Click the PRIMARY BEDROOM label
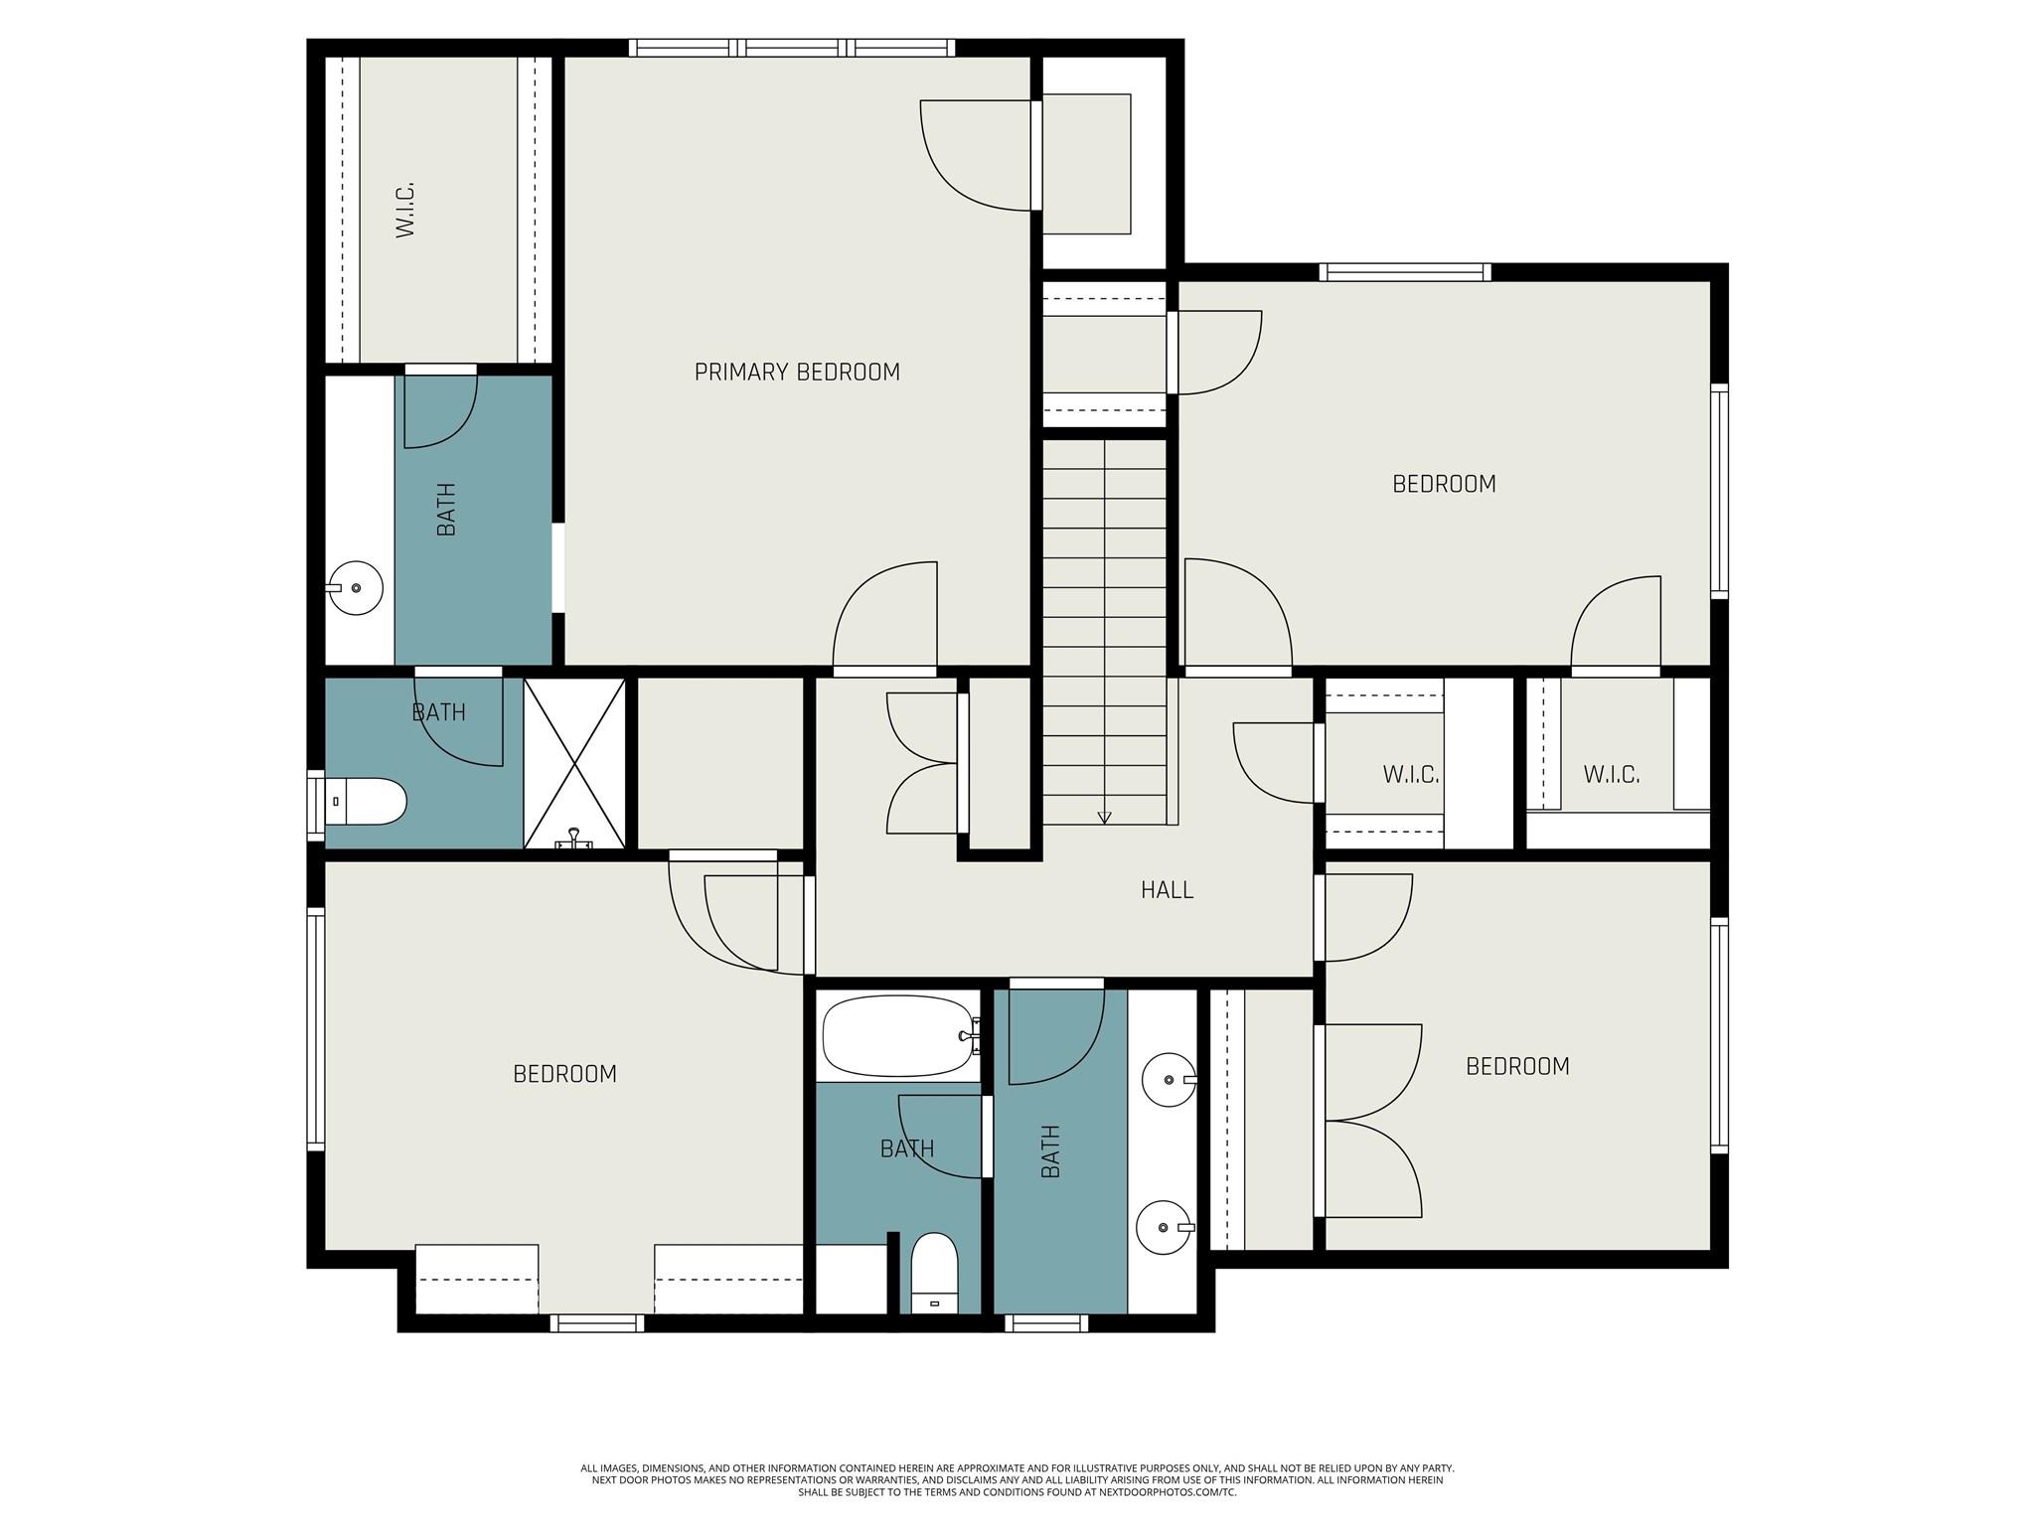[797, 372]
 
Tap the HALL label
[1167, 889]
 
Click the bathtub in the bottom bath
[897, 1036]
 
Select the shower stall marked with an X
[574, 763]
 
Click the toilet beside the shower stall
[366, 801]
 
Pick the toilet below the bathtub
[934, 1274]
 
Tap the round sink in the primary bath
[356, 588]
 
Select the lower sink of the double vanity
[1164, 1228]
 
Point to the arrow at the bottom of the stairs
[1104, 818]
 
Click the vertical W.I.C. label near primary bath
[404, 209]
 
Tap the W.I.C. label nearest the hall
[1410, 774]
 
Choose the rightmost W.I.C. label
[1611, 774]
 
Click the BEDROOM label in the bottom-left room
[564, 1074]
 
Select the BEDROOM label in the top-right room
[1444, 484]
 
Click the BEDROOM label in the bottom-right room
[1517, 1066]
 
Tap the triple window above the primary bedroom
[792, 47]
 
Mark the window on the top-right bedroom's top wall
[1405, 271]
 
